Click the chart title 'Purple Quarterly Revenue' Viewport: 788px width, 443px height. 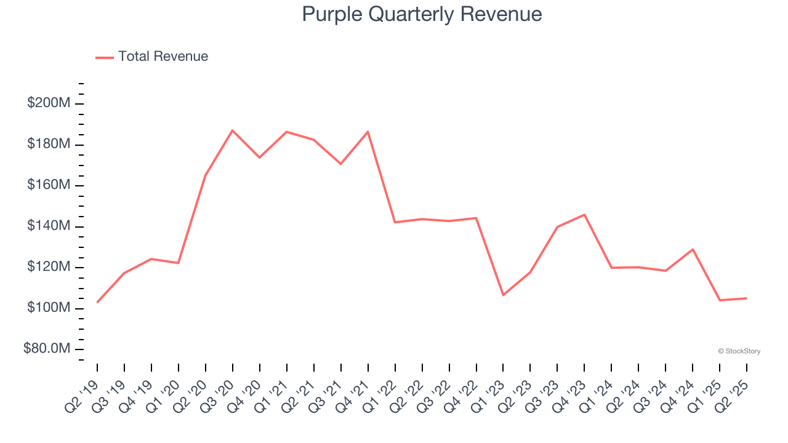click(x=422, y=14)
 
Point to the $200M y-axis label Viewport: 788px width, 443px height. click(x=49, y=103)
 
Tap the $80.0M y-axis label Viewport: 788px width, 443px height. click(x=47, y=349)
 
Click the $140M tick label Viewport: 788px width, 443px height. click(x=49, y=226)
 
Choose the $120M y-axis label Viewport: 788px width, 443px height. click(x=49, y=267)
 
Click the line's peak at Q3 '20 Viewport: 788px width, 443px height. click(x=233, y=130)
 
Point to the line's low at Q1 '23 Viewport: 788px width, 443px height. click(x=503, y=295)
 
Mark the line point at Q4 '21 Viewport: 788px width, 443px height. click(x=368, y=132)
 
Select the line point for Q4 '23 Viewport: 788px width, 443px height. click(x=584, y=215)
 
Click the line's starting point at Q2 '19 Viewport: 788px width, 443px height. click(x=97, y=302)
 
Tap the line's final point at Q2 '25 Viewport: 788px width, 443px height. click(x=747, y=298)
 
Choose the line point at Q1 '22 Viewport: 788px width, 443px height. click(x=395, y=222)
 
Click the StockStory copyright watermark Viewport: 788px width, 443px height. click(x=739, y=351)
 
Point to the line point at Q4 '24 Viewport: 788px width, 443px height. click(x=693, y=249)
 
